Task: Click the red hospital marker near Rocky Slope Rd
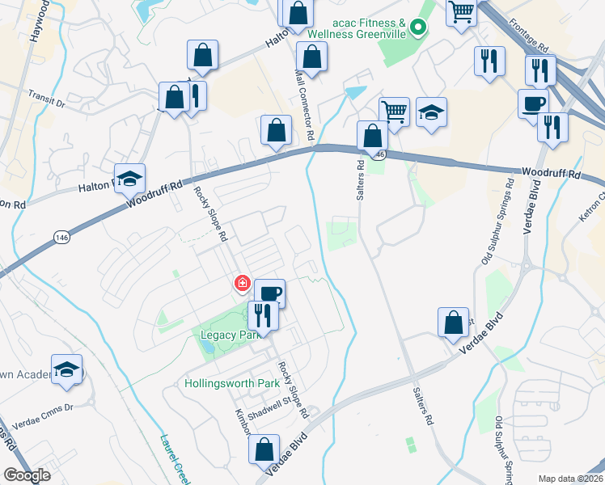coord(242,283)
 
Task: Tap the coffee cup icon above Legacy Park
coord(270,293)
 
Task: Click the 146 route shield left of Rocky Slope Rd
coord(62,237)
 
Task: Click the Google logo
coord(26,475)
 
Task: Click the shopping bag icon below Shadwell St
coord(264,449)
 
